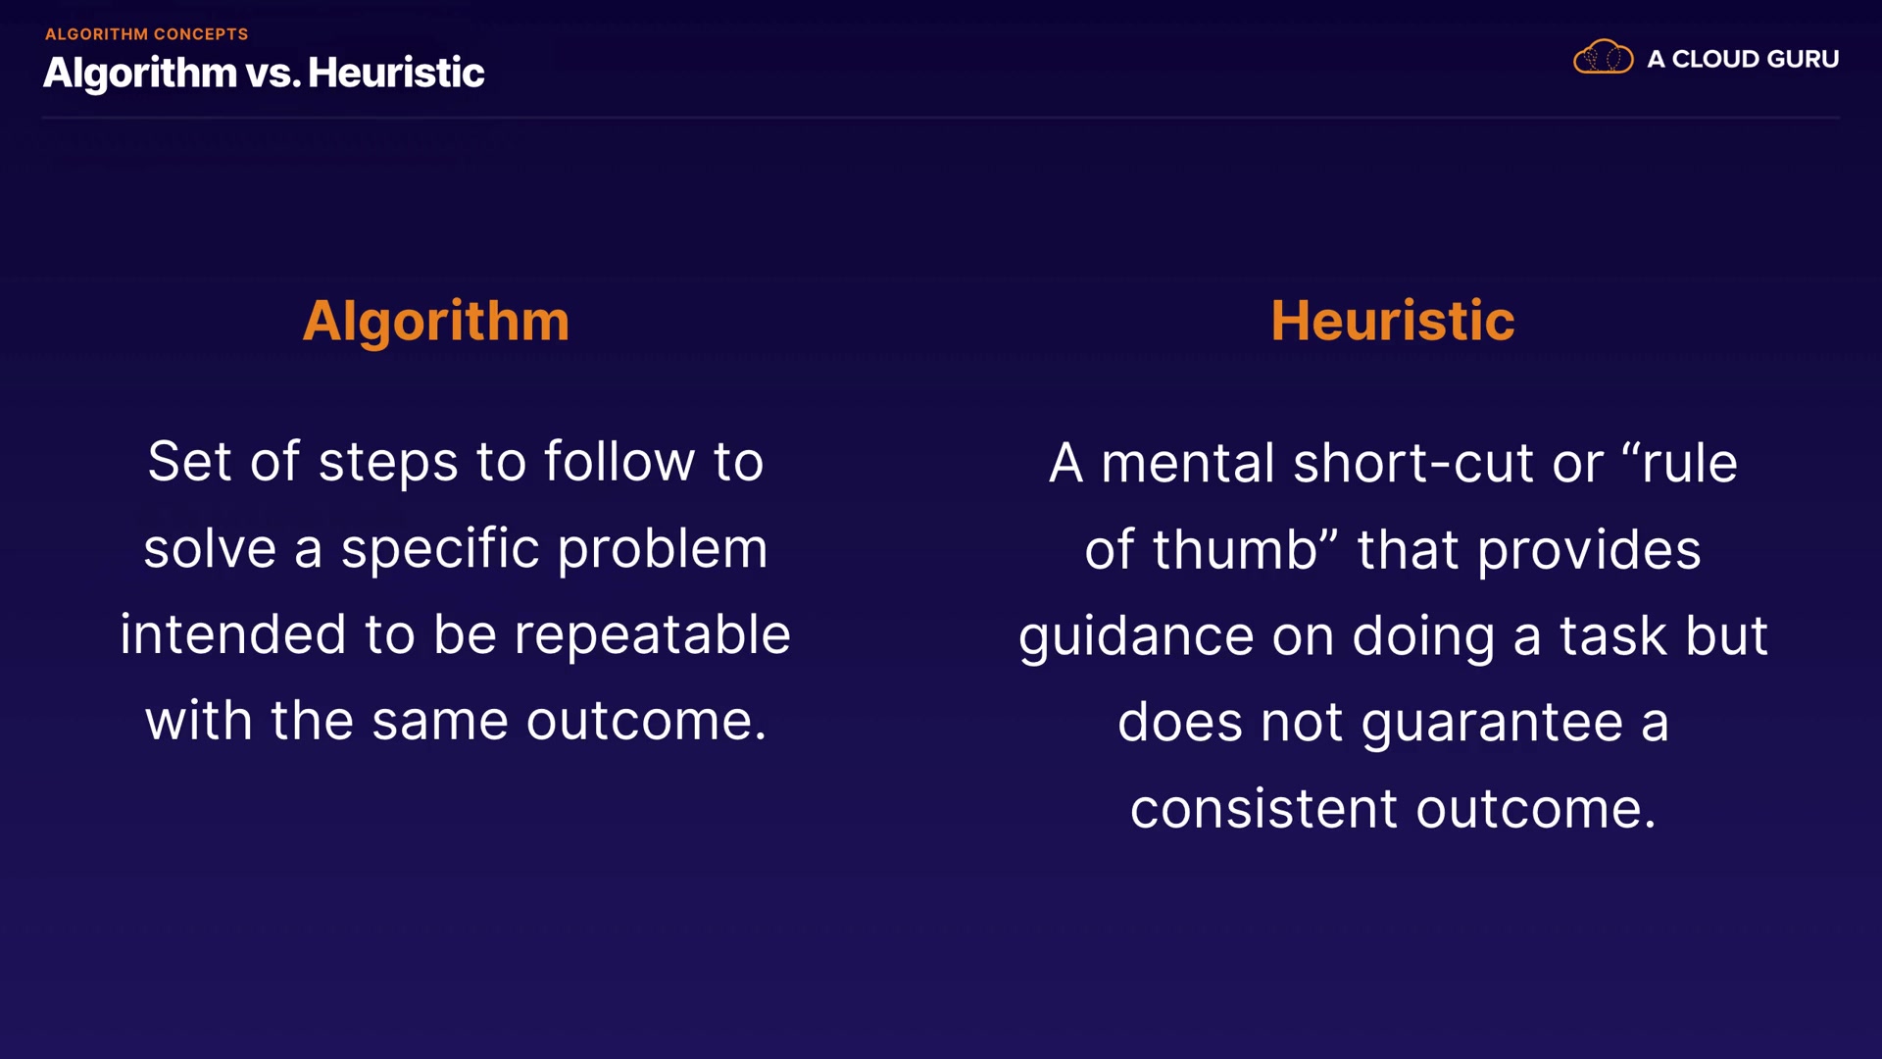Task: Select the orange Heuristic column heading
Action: [x=1392, y=321]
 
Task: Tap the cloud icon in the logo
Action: [x=1603, y=57]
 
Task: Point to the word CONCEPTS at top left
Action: [x=201, y=34]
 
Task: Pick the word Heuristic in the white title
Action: [x=396, y=73]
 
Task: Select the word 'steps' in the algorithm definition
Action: [x=388, y=464]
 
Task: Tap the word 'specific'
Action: [x=440, y=549]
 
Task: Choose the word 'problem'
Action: [x=663, y=549]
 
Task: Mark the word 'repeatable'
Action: [x=652, y=635]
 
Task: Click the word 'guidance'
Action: [x=1136, y=637]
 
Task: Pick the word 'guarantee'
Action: [x=1492, y=725]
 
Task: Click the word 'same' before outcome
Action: [x=440, y=723]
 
